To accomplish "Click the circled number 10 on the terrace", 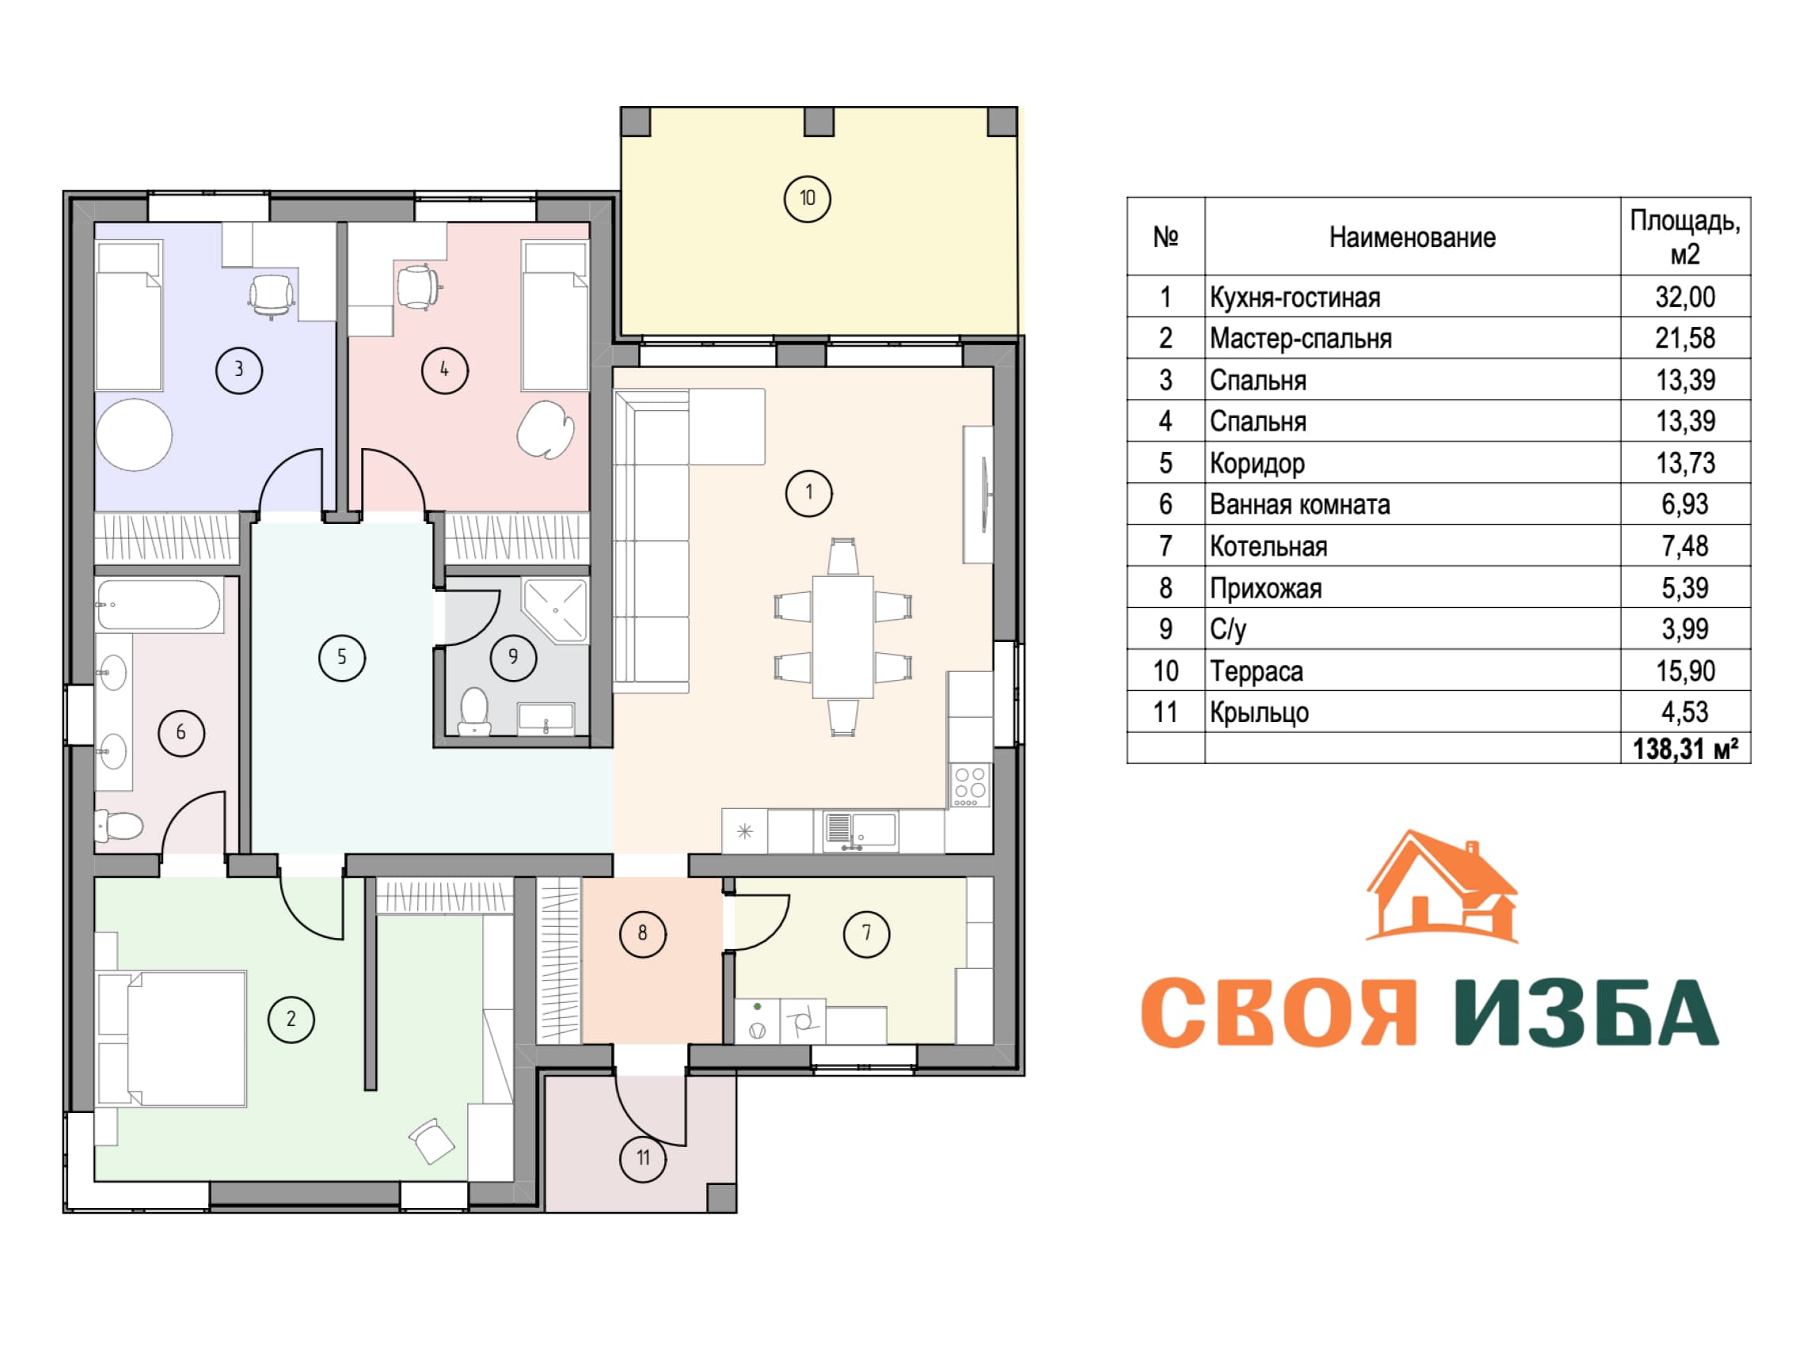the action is click(x=807, y=198).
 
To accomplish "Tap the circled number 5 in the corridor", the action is click(x=341, y=657).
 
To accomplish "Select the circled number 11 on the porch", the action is click(x=643, y=1158).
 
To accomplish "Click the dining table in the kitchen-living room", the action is click(x=843, y=636).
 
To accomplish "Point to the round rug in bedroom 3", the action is click(x=135, y=435).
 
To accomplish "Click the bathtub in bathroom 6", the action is click(x=159, y=605).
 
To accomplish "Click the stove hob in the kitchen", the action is click(x=970, y=784).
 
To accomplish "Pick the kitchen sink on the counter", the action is click(x=860, y=830).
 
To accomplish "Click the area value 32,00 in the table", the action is click(x=1685, y=297).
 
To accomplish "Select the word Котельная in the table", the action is click(x=1269, y=546).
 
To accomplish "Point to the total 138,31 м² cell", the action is click(x=1685, y=748).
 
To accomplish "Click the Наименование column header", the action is click(x=1413, y=237).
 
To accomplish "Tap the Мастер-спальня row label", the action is click(x=1301, y=338).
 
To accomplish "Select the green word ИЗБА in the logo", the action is click(x=1587, y=1012).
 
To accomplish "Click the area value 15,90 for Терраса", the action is click(x=1685, y=670).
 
